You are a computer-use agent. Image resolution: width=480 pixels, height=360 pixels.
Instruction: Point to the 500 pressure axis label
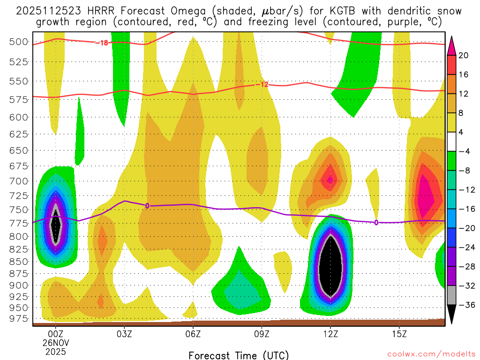click(x=19, y=42)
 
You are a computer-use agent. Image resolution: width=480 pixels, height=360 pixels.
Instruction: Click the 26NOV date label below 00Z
click(x=56, y=343)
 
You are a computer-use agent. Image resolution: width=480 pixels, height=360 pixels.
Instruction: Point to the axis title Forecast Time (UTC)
click(x=239, y=355)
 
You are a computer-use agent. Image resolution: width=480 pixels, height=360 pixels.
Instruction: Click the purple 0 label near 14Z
click(x=376, y=222)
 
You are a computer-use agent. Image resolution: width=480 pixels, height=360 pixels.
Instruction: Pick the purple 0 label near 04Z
click(x=147, y=205)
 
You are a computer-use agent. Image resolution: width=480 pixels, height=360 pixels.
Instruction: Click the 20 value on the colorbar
click(x=463, y=55)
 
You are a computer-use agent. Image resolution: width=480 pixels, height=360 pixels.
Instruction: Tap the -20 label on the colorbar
click(x=464, y=228)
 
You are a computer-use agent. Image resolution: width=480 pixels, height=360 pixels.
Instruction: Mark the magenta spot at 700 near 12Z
click(x=330, y=179)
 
